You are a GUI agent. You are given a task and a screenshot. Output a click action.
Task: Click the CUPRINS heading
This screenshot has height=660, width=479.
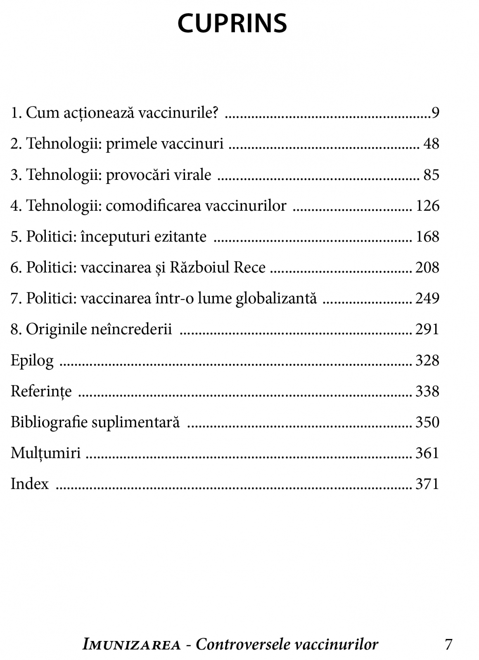coord(232,24)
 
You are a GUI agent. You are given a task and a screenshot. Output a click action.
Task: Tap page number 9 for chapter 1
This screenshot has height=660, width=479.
coord(435,113)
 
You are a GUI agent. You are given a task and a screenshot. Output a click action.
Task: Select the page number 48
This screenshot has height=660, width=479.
coord(431,144)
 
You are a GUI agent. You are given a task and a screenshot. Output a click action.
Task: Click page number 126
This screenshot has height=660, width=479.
coord(427,205)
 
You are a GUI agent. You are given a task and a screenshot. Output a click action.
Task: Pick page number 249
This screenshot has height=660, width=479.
coord(427,298)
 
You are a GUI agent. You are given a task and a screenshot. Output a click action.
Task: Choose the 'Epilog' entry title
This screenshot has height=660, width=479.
coord(32,361)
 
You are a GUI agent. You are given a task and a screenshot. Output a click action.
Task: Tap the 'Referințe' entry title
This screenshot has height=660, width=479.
coord(41,391)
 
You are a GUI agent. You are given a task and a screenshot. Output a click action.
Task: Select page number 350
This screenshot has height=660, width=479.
coord(427,422)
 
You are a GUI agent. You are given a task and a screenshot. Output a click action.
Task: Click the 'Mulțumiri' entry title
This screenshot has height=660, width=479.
coord(45,453)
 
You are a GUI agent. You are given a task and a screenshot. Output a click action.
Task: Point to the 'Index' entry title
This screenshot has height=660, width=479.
coord(30,484)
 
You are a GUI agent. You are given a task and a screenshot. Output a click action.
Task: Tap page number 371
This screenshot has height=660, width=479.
coord(427,484)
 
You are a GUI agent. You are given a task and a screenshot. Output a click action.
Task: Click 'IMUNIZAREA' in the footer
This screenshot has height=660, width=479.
coord(132,644)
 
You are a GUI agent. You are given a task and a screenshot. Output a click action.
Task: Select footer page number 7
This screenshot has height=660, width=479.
coord(448,644)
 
